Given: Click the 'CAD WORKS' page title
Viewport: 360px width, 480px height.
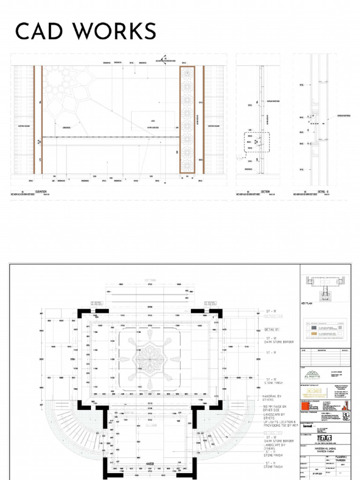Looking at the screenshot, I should [x=86, y=32].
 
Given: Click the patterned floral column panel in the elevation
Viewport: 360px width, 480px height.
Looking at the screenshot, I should [x=187, y=120].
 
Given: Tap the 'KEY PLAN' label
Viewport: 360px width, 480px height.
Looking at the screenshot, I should [x=307, y=304].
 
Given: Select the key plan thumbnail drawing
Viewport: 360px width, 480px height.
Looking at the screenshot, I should [x=324, y=287].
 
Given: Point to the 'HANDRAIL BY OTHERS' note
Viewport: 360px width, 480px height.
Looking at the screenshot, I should [x=275, y=398].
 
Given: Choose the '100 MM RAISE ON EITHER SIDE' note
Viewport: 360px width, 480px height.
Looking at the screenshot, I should [x=275, y=408].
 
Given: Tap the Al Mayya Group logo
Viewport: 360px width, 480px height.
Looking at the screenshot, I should [x=311, y=374].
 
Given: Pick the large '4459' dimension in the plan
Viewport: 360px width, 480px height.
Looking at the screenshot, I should [x=150, y=465].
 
